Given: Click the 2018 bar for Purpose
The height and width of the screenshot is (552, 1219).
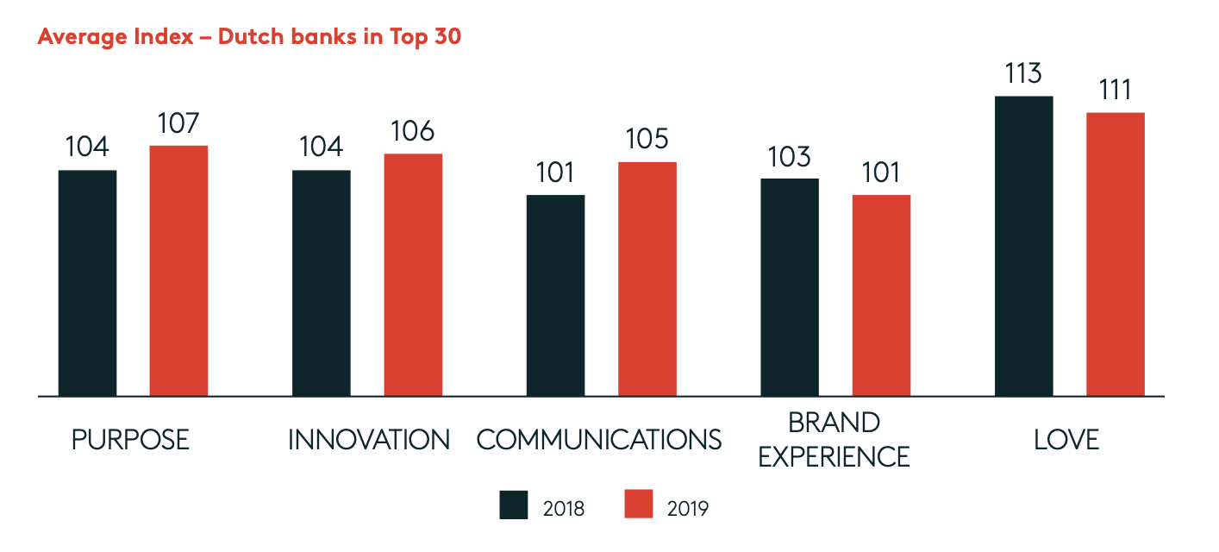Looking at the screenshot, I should [87, 283].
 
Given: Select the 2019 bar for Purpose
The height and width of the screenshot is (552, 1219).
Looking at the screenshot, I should [178, 271].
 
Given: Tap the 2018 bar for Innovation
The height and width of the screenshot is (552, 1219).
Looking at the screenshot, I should [322, 283].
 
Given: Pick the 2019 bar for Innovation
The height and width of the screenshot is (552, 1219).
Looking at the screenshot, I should [413, 274].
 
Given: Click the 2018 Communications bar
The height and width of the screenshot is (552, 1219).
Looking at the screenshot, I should [555, 295].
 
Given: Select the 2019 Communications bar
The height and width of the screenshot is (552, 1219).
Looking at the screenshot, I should [647, 279].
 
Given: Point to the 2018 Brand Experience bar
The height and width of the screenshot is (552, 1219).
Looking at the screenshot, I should [790, 287].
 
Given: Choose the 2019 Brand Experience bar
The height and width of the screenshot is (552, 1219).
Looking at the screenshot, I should [881, 295].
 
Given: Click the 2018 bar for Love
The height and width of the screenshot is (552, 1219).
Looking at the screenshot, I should [1024, 246].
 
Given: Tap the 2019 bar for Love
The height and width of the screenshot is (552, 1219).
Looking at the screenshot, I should [1116, 254].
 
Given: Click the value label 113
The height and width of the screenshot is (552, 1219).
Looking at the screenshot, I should [1024, 74].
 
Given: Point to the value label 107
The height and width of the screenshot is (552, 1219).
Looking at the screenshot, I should [178, 123].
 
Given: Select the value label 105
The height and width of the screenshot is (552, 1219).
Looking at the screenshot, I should [647, 140].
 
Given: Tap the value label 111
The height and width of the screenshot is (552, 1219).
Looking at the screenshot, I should [1116, 91].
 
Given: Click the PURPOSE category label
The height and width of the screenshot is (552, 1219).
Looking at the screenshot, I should [130, 440].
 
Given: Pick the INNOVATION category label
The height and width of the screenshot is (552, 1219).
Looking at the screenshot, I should [369, 440].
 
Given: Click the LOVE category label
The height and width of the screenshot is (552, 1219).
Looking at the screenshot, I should [1066, 440].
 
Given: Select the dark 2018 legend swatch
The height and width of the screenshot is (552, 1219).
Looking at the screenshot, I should [514, 505].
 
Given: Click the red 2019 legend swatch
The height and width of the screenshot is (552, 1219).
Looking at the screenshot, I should [638, 505].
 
